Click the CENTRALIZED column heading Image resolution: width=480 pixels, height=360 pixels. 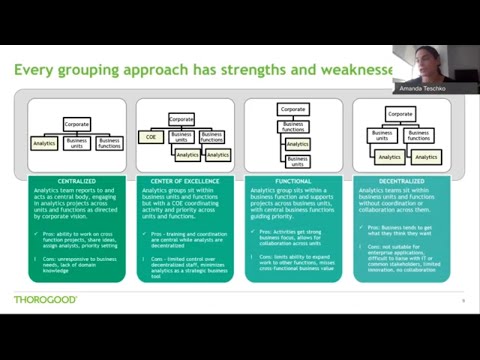[x=76, y=181]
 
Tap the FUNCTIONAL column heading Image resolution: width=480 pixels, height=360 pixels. [x=293, y=181]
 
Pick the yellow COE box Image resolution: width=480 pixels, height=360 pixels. [x=151, y=137]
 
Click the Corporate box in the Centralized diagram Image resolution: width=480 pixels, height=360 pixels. [x=78, y=124]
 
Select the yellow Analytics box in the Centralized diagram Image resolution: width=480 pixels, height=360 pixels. [x=44, y=144]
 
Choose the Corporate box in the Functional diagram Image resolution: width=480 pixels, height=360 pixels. [x=293, y=109]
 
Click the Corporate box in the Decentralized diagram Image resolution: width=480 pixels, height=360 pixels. [x=399, y=114]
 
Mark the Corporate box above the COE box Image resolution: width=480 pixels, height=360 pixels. [x=181, y=118]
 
